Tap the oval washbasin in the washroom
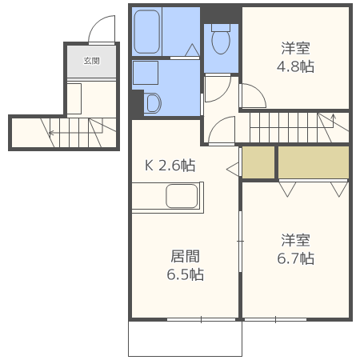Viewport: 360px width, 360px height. (x=154, y=103)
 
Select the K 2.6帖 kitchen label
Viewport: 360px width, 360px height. (x=170, y=166)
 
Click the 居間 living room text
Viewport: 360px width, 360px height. (x=185, y=257)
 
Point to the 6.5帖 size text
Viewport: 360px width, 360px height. (x=185, y=274)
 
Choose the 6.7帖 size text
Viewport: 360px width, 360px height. (x=296, y=258)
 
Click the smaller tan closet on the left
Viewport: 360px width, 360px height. (x=258, y=162)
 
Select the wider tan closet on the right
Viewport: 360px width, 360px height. (x=313, y=162)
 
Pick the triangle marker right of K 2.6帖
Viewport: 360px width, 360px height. (x=232, y=170)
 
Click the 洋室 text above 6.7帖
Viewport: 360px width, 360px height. (x=296, y=239)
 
